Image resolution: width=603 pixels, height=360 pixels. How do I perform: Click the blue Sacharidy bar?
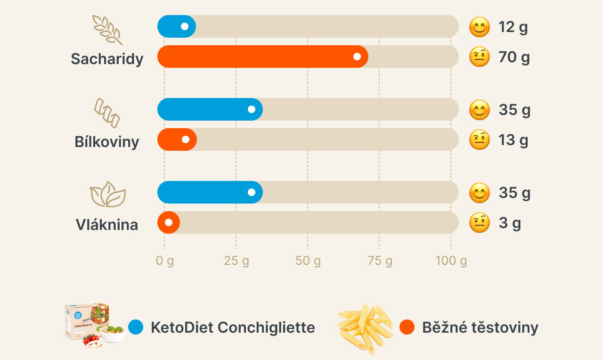176,26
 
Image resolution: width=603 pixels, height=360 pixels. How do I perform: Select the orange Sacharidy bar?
262,57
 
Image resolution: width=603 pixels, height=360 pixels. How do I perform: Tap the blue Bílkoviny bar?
210,109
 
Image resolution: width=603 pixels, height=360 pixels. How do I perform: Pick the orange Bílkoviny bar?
177,139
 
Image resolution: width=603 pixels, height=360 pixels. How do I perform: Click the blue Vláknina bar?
210,192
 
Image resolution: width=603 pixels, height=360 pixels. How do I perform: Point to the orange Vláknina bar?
169,222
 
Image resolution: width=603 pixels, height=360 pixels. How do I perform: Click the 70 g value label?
514,57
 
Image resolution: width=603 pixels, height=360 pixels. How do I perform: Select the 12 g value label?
513,27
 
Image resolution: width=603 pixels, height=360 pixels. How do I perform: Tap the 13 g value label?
513,140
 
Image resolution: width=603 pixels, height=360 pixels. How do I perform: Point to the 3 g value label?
510,223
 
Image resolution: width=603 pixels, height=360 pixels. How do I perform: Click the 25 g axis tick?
236,261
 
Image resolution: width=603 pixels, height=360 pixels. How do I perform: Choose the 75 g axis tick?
380,261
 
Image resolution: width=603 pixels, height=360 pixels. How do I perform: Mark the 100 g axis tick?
451,261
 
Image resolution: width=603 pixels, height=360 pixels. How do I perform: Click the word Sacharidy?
107,59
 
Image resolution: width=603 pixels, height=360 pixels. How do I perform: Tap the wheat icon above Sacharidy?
107,30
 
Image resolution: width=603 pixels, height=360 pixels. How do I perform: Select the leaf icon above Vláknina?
107,194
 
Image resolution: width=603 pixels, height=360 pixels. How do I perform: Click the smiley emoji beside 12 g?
480,27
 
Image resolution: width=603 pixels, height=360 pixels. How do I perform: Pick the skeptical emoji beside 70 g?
480,57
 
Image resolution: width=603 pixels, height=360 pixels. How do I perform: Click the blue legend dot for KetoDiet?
136,327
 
